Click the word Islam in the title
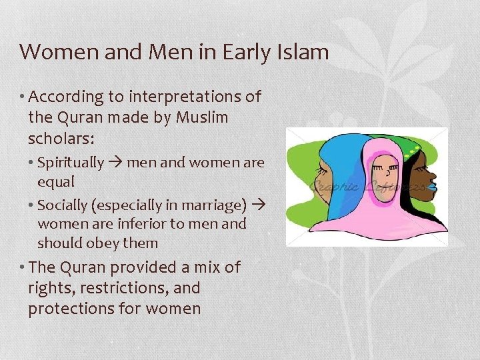click(x=301, y=51)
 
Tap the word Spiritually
click(x=71, y=163)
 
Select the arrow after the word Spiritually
click(x=116, y=163)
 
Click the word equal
click(x=56, y=182)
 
